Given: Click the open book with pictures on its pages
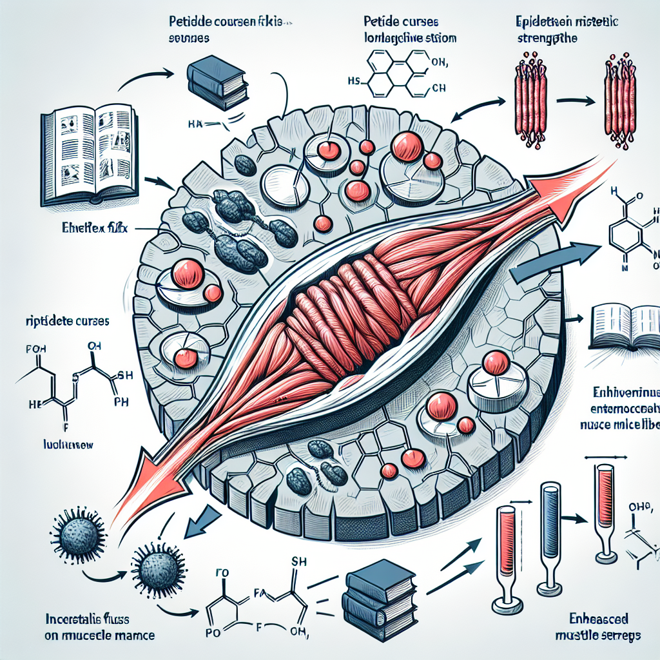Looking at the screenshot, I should click(x=90, y=157).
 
